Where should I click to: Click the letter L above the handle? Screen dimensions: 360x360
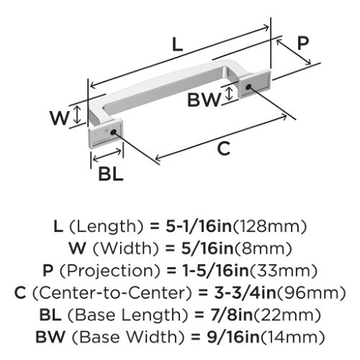178,45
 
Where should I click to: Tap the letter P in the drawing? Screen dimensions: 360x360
303,43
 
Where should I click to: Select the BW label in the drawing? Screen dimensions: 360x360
204,99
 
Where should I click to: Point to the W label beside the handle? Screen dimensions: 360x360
60,117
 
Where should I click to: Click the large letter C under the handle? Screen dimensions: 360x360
224,148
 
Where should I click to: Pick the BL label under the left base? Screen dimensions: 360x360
111,174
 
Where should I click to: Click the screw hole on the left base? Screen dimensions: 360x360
113,132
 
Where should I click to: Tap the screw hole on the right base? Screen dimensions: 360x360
248,87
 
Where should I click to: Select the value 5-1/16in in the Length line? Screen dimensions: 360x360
199,227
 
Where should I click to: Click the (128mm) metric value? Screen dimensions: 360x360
270,227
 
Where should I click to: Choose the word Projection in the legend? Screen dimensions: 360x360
109,271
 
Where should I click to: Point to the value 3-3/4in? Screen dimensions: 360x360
245,293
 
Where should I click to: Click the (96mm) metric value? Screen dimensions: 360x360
311,293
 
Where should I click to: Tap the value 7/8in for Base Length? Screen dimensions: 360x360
231,315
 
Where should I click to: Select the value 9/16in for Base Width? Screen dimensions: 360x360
233,337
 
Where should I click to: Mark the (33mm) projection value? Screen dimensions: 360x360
284,271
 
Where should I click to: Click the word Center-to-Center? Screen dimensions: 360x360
112,293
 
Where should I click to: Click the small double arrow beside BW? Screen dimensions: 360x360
230,94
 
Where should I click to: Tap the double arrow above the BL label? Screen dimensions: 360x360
107,155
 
